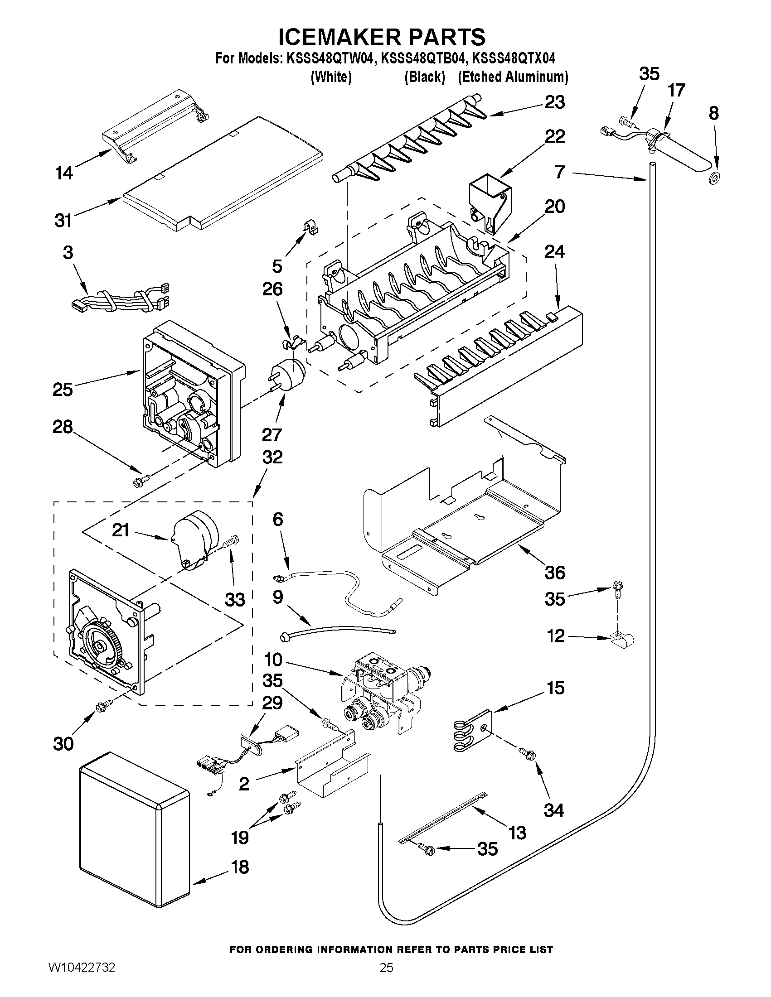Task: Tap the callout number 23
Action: click(554, 102)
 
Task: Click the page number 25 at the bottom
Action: click(386, 981)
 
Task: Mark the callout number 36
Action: click(554, 572)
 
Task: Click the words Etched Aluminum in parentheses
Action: click(513, 77)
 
